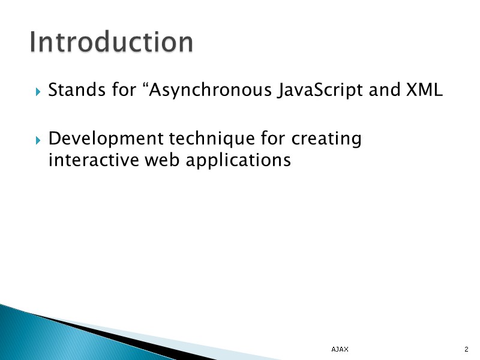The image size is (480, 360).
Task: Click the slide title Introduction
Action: coord(112,42)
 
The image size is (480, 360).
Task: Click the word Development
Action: coord(105,139)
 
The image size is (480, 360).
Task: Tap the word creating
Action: coord(326,140)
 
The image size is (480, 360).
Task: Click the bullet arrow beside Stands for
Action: coord(38,92)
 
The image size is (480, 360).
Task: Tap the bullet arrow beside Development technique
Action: coord(38,140)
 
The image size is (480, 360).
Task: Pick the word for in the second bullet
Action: coord(273,139)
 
